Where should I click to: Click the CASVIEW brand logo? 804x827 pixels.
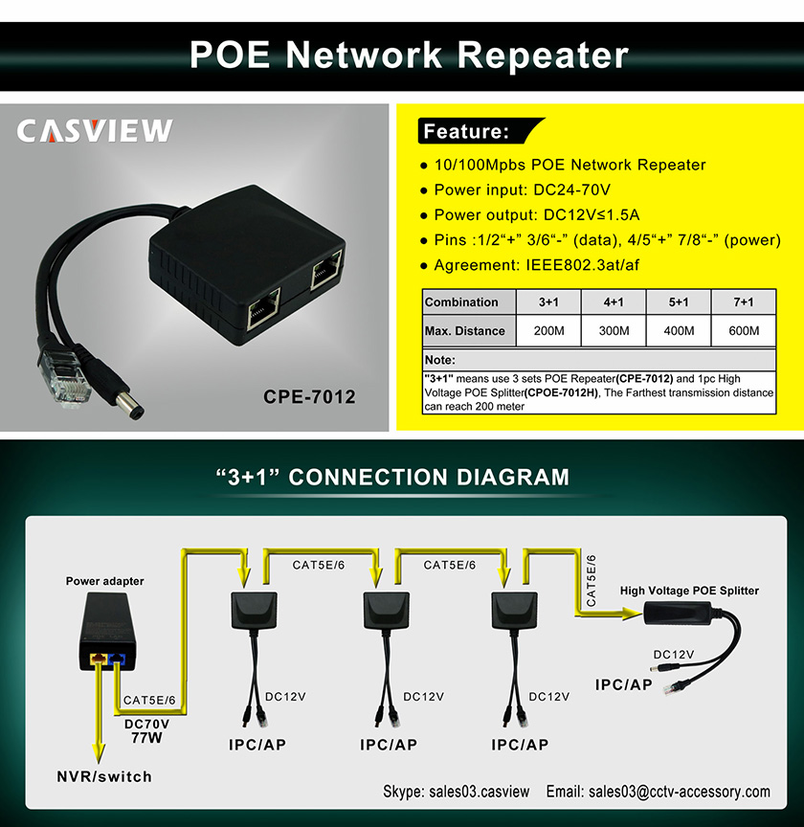94,131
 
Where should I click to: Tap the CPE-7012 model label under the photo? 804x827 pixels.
308,395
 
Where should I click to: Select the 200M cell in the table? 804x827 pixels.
548,331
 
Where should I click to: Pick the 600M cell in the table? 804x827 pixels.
743,331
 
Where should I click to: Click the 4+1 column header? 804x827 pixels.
614,302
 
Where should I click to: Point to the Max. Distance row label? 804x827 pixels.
465,331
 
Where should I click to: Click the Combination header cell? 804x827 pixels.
462,302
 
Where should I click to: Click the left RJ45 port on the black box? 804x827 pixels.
261,309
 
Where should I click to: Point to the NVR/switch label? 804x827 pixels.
103,776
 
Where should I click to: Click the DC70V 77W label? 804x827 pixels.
148,730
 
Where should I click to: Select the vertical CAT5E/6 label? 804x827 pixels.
591,580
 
